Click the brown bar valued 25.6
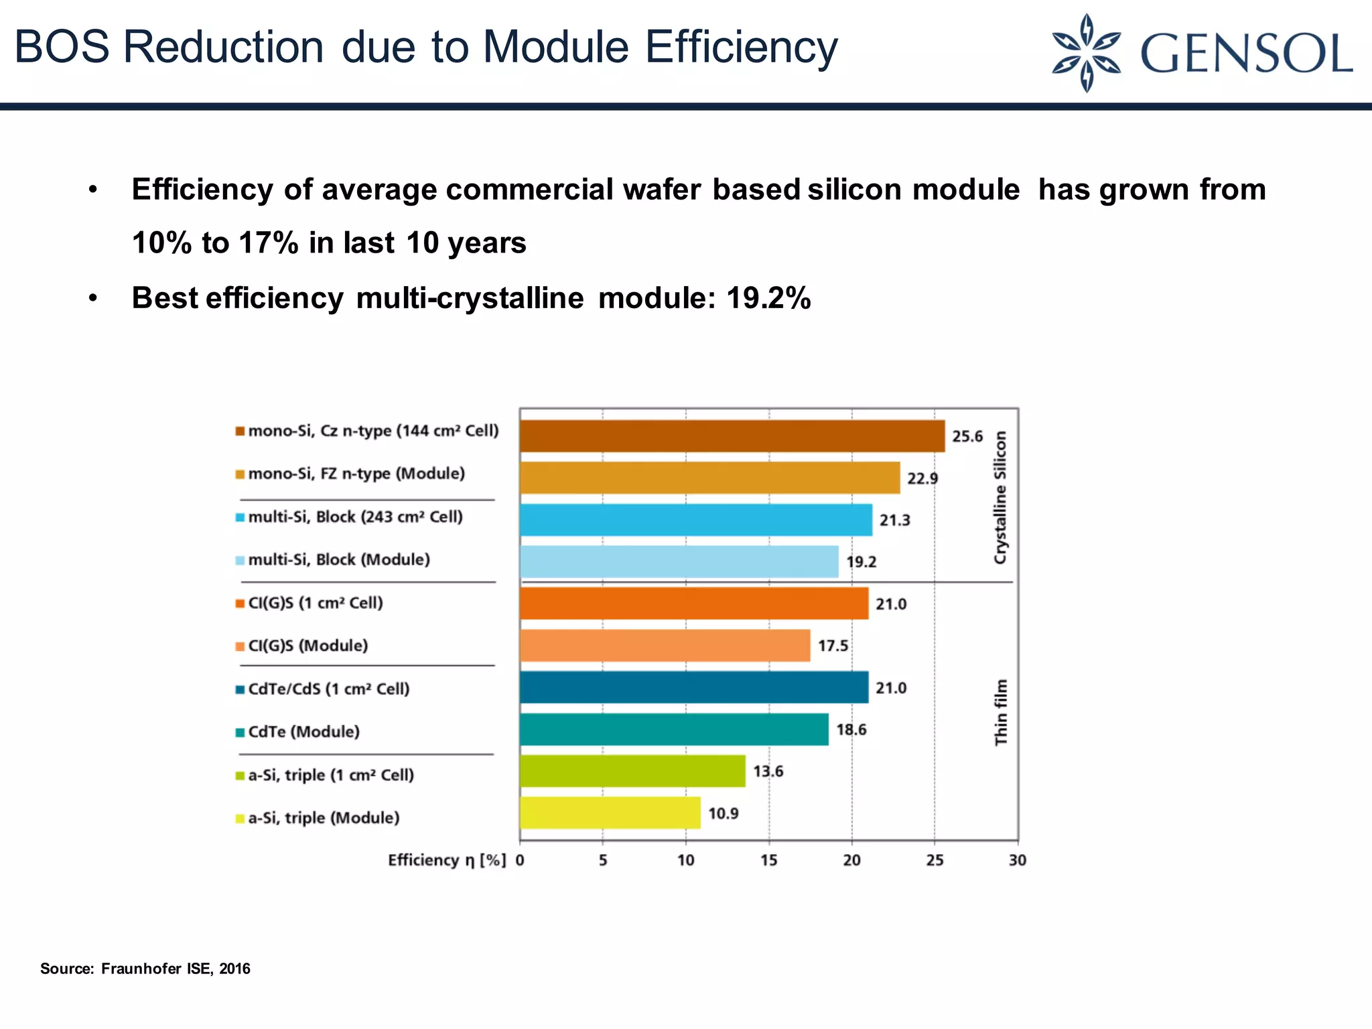point(732,436)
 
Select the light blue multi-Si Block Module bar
point(679,561)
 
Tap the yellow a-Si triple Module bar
point(610,813)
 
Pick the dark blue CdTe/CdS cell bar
point(693,687)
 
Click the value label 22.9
point(922,478)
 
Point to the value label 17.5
point(833,646)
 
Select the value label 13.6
point(768,771)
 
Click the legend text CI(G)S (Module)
point(307,646)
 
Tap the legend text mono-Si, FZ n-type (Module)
point(356,474)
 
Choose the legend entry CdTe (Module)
point(303,732)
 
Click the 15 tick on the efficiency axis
point(768,860)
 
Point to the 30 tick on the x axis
point(1017,860)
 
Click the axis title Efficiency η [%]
point(446,860)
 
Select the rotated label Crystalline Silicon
point(1000,497)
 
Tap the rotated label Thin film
point(1000,712)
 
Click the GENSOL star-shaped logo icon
point(1086,53)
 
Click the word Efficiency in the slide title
point(741,47)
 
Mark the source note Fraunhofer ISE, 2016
point(176,969)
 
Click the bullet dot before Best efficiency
point(93,298)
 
